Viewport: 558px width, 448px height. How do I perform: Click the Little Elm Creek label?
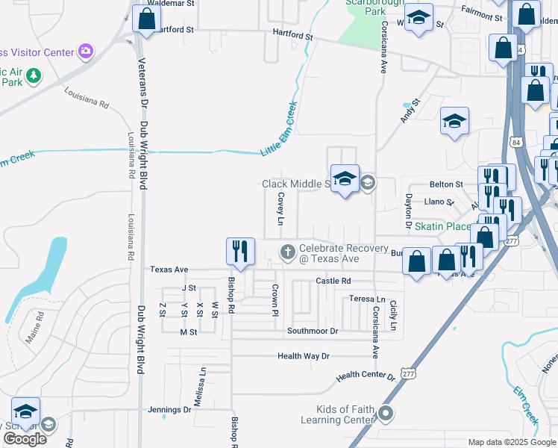tap(279, 128)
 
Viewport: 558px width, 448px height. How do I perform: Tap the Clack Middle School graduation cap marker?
tap(345, 179)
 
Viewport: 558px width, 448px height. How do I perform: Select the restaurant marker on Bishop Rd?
tap(240, 252)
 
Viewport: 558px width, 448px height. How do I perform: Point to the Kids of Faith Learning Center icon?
tap(386, 413)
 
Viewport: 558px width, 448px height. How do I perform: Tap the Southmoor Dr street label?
tap(313, 331)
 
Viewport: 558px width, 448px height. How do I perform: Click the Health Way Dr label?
tap(303, 356)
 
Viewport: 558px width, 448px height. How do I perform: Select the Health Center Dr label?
tap(366, 377)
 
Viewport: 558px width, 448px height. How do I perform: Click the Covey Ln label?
tap(281, 208)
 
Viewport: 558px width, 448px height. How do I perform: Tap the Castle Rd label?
tap(333, 281)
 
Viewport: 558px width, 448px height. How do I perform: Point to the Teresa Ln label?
tap(367, 299)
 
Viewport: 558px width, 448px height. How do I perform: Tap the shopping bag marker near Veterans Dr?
tap(146, 19)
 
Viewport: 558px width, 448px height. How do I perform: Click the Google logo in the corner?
tap(25, 439)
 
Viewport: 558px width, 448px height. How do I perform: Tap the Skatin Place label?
tap(442, 226)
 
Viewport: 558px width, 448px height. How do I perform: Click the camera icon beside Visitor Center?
tap(86, 52)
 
